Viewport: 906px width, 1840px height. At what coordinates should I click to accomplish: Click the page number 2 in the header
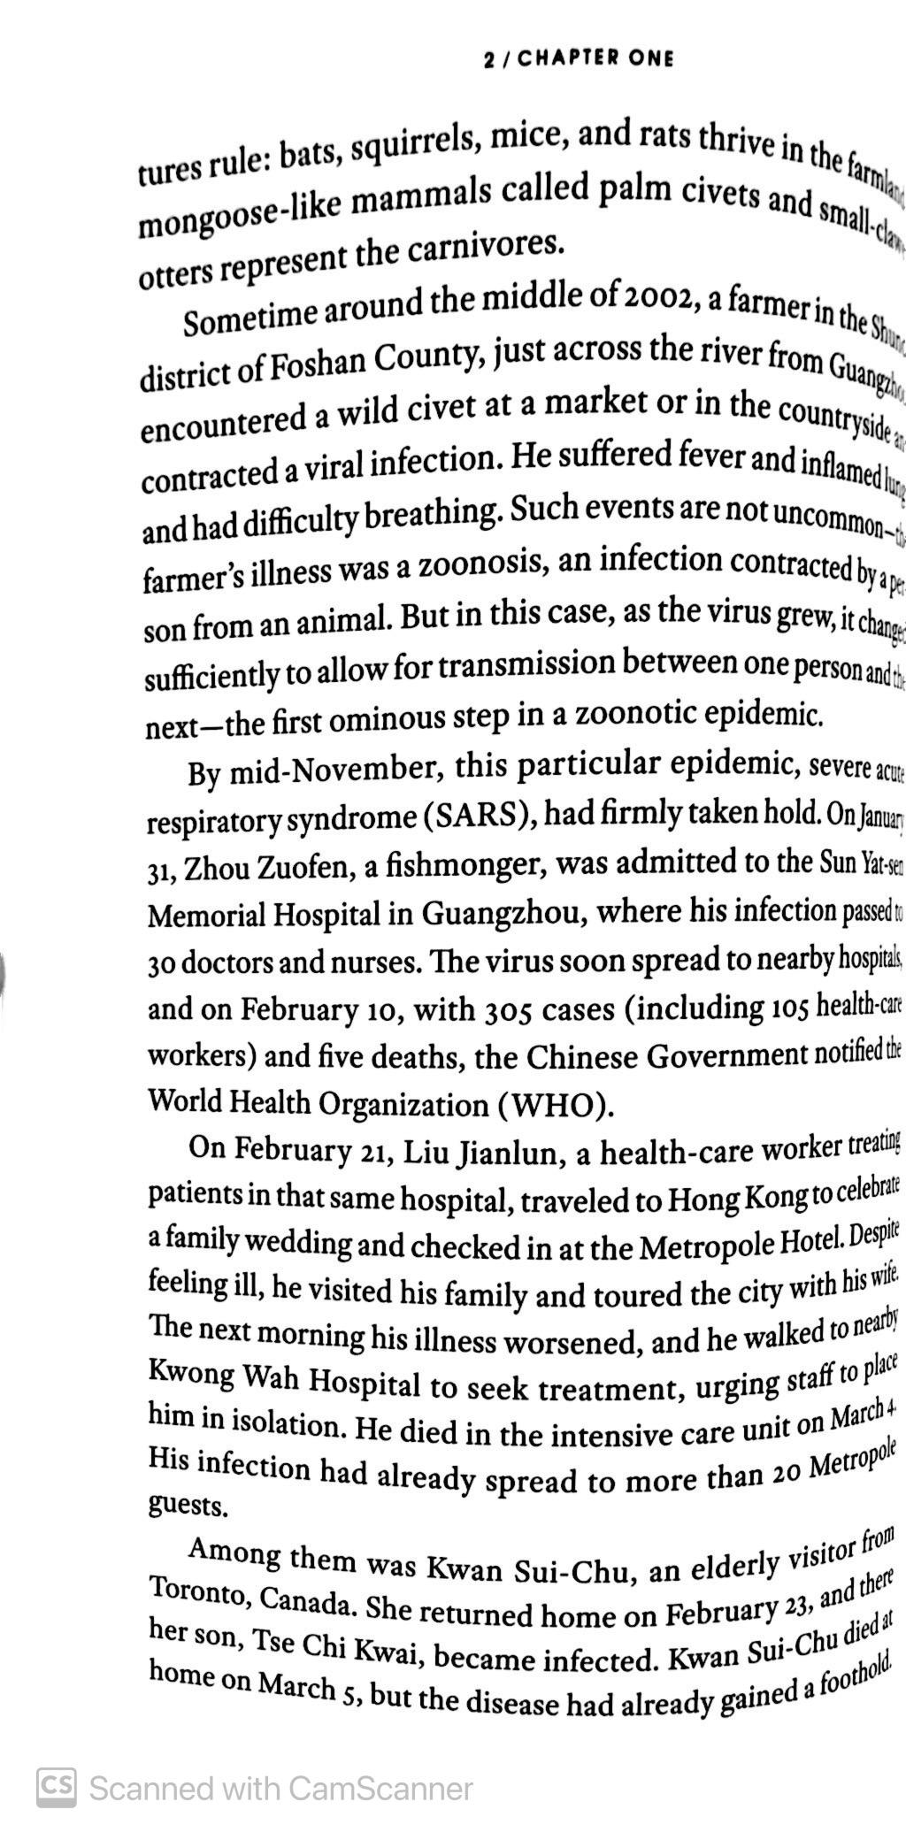pyautogui.click(x=489, y=59)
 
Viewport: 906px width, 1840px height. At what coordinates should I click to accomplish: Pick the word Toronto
pyautogui.click(x=196, y=1591)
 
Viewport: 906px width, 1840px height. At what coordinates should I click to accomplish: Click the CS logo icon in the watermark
pyautogui.click(x=56, y=1787)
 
